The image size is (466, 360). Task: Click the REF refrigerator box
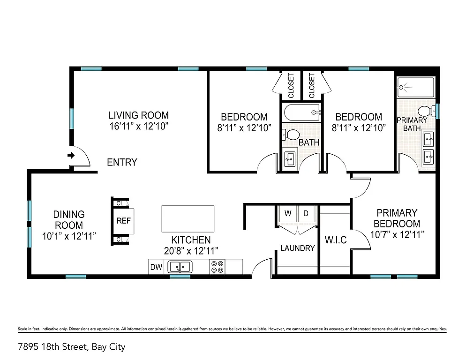pos(124,221)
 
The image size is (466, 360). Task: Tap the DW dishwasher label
pos(156,268)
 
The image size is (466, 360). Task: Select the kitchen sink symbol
pos(180,267)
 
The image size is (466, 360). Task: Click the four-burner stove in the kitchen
pos(217,267)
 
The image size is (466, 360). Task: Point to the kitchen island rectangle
pos(188,218)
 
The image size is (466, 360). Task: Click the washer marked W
pos(288,214)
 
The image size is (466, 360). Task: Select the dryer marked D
pos(306,214)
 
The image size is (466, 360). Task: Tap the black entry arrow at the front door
pos(71,155)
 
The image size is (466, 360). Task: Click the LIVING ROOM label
pos(138,115)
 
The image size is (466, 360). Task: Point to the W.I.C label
pos(335,240)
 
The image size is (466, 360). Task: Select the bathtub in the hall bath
pos(302,112)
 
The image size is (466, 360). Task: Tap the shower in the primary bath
pos(415,87)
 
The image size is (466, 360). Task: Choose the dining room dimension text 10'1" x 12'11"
pos(69,236)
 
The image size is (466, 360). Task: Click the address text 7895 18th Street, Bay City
pos(71,347)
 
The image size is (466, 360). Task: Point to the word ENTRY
pos(122,163)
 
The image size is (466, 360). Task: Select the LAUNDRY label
pos(297,248)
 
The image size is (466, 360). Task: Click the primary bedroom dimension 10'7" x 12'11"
pos(397,234)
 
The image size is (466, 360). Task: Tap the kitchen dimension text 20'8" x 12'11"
pos(191,251)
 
